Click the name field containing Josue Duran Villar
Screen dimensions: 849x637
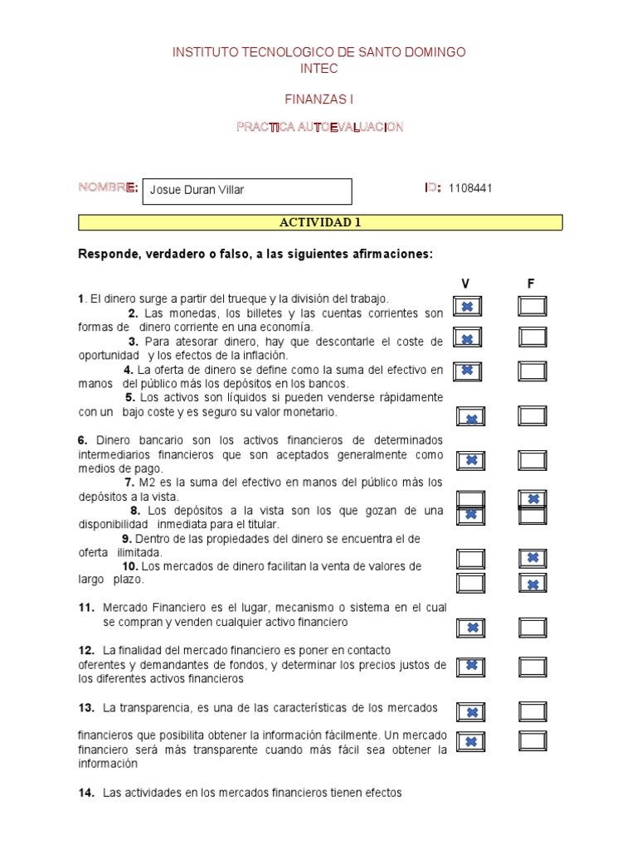pyautogui.click(x=247, y=191)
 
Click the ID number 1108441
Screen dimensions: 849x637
pyautogui.click(x=470, y=188)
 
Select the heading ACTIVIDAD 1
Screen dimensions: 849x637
pyautogui.click(x=320, y=222)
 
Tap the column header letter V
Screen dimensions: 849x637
pyautogui.click(x=465, y=284)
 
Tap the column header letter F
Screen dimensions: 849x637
pyautogui.click(x=531, y=284)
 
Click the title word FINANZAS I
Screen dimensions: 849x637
pyautogui.click(x=318, y=99)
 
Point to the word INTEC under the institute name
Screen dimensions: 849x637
pyautogui.click(x=318, y=69)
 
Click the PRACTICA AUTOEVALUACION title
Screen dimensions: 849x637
pyautogui.click(x=319, y=126)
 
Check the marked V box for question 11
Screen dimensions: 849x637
pyautogui.click(x=471, y=628)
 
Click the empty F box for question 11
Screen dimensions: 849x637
pyautogui.click(x=532, y=628)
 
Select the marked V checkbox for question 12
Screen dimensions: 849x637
pyautogui.click(x=471, y=665)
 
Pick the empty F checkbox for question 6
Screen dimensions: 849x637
pyautogui.click(x=532, y=459)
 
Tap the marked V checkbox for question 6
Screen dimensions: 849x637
pyautogui.click(x=471, y=459)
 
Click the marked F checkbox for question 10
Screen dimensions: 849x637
pyautogui.click(x=532, y=584)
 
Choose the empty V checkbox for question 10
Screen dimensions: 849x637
pyautogui.click(x=471, y=584)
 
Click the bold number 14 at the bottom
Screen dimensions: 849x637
pyautogui.click(x=85, y=793)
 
